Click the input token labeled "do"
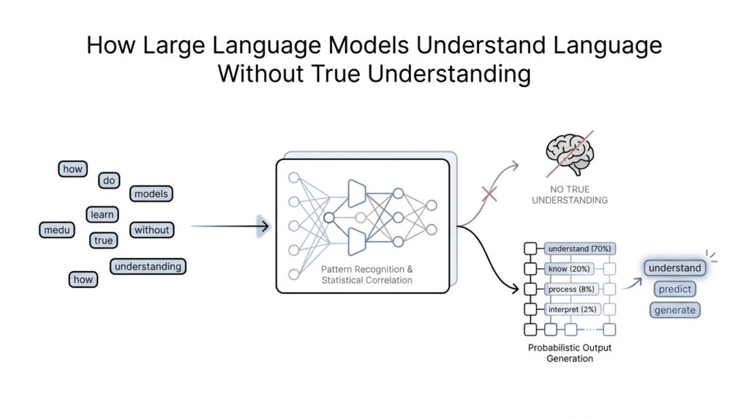pos(110,180)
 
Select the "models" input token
pos(151,194)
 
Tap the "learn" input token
pos(102,214)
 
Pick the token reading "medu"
pos(56,230)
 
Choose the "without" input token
pos(151,229)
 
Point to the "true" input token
pos(103,240)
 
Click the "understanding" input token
pos(148,267)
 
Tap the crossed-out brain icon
pos(570,153)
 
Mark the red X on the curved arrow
pos(488,193)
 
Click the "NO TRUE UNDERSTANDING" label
pos(570,194)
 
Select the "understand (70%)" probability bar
pos(579,248)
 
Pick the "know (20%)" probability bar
pos(571,269)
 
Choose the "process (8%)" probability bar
pos(573,289)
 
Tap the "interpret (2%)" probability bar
pos(571,309)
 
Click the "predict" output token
pos(674,289)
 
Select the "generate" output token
pos(674,310)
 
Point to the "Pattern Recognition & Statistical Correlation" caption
pos(366,274)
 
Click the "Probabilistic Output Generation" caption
pos(570,353)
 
